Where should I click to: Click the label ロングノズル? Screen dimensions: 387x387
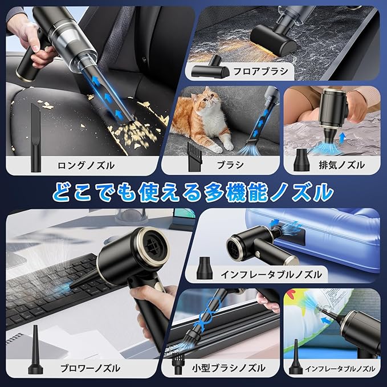(86, 165)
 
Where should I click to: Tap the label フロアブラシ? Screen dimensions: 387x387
(260, 71)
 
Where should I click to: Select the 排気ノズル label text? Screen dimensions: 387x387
(341, 165)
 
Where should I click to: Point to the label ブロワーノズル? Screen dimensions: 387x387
(90, 369)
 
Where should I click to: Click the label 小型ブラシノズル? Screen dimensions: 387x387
(229, 368)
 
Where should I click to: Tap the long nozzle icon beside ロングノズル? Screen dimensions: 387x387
(35, 138)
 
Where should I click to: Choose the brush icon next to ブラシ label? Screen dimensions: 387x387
(195, 156)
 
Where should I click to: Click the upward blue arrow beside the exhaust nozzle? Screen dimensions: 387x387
(343, 138)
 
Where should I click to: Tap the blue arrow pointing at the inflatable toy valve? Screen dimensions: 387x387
(326, 321)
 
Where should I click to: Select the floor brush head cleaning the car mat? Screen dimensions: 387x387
(273, 39)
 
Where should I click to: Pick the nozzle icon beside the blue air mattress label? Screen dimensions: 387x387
(205, 268)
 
